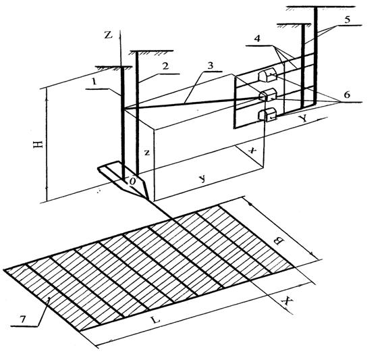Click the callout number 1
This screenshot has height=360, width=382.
[x=94, y=82]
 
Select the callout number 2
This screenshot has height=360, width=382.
[x=165, y=66]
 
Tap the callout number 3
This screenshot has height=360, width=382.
[x=211, y=65]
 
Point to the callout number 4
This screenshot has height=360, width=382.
[x=257, y=38]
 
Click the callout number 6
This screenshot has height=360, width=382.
[x=347, y=95]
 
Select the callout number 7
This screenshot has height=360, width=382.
[x=23, y=319]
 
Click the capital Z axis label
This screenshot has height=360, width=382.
[x=108, y=35]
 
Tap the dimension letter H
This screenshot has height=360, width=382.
[x=38, y=145]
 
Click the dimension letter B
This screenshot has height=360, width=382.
[x=279, y=241]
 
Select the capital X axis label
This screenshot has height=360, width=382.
[x=287, y=301]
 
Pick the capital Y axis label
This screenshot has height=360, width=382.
[x=303, y=119]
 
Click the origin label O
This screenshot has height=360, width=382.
[x=132, y=181]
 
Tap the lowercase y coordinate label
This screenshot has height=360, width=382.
[x=202, y=179]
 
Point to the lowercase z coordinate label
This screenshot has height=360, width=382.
[x=146, y=153]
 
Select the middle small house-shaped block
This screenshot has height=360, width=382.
[x=267, y=95]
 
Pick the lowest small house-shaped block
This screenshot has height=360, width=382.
[x=267, y=115]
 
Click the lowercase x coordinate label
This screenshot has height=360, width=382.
[x=252, y=151]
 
